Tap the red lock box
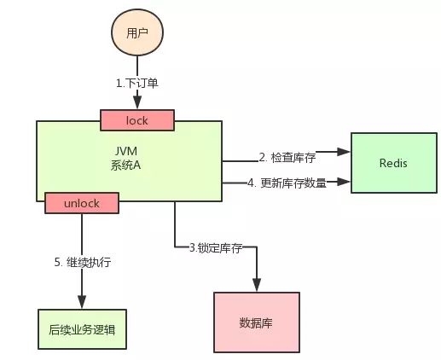pos(137,120)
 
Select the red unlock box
pos(82,203)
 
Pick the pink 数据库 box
pos(255,324)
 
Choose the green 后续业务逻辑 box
pos(82,328)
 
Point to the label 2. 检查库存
pos(287,157)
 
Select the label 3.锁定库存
pos(217,247)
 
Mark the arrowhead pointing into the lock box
pos(137,106)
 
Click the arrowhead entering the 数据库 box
pos(255,287)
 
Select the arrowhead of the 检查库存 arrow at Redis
pos(345,152)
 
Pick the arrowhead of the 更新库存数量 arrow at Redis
pos(345,182)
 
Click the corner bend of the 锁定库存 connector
pos(175,248)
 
